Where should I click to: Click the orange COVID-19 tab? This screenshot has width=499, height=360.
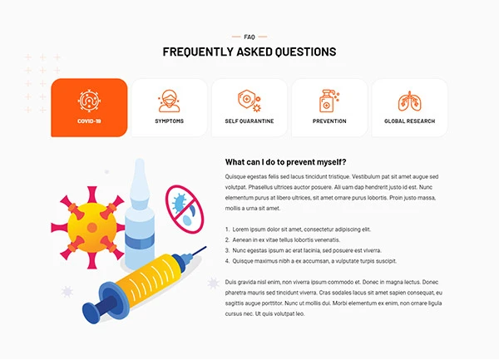point(89,108)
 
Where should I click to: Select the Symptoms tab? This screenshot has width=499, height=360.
point(170,108)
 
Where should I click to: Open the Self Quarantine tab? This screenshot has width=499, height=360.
point(249,108)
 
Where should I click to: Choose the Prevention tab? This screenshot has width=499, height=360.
point(329,108)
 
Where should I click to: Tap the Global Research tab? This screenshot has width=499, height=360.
point(409,108)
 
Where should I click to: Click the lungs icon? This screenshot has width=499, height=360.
point(409,101)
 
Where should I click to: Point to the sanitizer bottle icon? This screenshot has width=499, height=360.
point(329,101)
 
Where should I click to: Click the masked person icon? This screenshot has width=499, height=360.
point(170,101)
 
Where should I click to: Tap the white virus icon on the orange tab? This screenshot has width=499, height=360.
point(89,101)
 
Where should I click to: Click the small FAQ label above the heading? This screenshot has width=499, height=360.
point(249,37)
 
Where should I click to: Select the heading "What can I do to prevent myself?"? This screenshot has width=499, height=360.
point(285,162)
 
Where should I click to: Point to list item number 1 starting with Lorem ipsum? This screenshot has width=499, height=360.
point(299,229)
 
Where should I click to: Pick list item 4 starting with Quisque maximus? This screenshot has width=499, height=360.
point(311,261)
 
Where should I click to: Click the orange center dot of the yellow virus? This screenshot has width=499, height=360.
point(92,228)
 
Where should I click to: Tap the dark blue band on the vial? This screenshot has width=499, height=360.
point(140,241)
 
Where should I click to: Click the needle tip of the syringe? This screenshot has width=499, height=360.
point(205,247)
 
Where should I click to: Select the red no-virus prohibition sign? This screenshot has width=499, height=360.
point(185,210)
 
